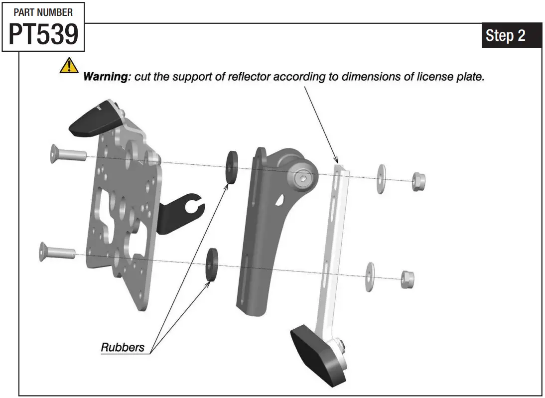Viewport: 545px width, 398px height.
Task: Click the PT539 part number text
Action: pos(43,34)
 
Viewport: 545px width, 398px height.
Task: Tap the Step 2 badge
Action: pos(505,35)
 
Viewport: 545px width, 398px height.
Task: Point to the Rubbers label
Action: pos(123,347)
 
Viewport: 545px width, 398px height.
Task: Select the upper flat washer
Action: pos(382,179)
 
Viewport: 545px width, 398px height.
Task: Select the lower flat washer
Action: pos(369,276)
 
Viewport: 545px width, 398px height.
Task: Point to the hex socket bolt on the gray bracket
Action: pos(302,179)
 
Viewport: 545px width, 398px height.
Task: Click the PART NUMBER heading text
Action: pos(43,12)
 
